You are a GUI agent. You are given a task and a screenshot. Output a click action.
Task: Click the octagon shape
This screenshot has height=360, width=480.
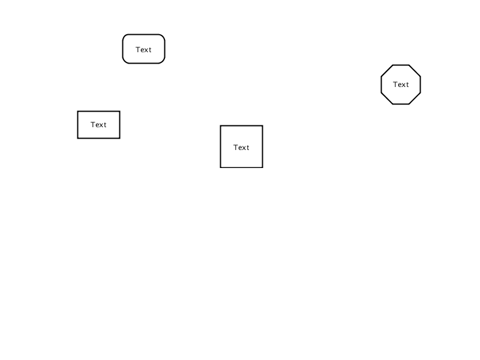(401, 85)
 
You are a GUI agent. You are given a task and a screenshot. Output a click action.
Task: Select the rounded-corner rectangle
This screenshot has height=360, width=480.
(143, 49)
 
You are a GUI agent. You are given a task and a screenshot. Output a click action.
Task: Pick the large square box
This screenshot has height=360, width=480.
(242, 146)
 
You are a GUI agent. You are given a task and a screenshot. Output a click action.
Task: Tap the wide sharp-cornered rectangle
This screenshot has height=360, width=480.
(98, 125)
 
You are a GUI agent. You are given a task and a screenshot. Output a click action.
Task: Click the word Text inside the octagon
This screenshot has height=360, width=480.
(401, 85)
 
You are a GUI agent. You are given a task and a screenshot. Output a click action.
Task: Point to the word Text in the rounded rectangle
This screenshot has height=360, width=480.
(143, 50)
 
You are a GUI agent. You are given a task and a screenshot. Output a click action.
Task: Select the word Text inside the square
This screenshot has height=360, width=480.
(241, 148)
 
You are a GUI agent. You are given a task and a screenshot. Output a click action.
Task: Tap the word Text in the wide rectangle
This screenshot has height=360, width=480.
(98, 125)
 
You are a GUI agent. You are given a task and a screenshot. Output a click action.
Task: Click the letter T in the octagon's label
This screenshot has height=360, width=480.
(395, 85)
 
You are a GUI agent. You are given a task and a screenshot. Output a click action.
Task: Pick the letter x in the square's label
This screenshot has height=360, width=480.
(244, 148)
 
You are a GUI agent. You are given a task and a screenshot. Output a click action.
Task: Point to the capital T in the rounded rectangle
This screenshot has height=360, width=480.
(138, 50)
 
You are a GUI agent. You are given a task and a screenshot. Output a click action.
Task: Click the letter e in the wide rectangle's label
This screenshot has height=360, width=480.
(97, 125)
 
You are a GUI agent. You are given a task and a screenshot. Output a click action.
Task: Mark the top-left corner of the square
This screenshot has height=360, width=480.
(220, 126)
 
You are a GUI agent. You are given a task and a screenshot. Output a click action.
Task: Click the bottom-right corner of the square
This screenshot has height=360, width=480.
(263, 167)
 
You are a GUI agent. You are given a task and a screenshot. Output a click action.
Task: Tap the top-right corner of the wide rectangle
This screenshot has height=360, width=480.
(119, 112)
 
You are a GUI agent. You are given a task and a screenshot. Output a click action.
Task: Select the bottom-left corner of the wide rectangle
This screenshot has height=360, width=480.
(78, 139)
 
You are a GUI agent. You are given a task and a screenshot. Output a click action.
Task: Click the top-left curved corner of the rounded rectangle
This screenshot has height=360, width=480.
(125, 37)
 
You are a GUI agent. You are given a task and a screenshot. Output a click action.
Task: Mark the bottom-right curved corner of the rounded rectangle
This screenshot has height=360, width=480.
(163, 61)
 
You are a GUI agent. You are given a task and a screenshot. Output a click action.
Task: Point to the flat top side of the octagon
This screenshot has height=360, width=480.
(401, 65)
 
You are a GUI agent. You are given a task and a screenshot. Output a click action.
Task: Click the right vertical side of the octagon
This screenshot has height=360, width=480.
(421, 85)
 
